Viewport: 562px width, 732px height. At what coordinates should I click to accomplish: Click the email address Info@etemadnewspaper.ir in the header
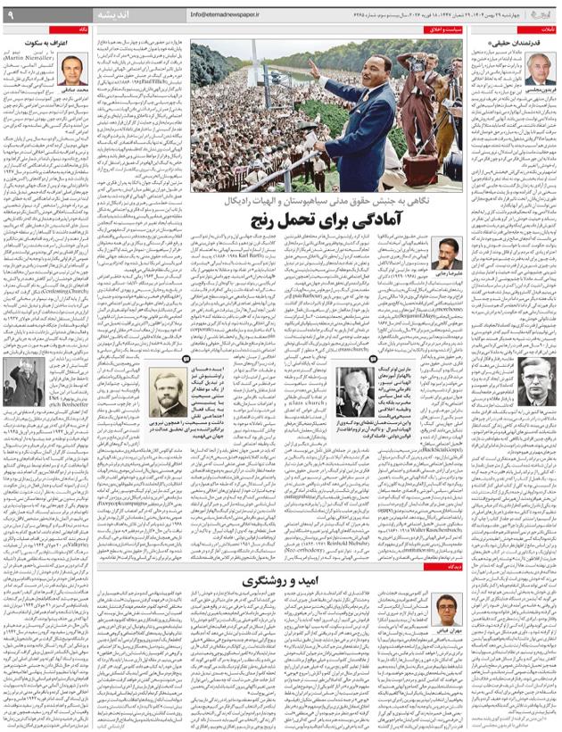pos(231,15)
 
